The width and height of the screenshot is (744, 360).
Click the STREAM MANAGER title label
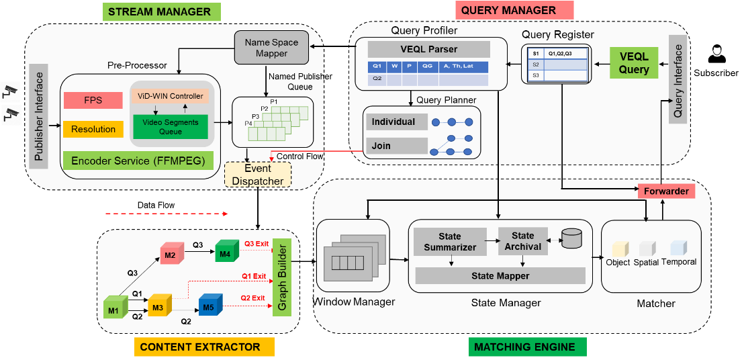159,11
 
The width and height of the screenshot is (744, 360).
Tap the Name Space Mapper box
271,48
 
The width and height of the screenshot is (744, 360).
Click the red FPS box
93,100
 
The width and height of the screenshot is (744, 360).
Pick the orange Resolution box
93,129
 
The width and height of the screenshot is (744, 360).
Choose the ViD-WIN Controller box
170,96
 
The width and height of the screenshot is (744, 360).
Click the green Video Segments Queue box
170,127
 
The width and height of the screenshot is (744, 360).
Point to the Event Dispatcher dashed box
258,175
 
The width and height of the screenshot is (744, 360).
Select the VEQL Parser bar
428,49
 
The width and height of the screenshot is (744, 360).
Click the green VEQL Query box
633,63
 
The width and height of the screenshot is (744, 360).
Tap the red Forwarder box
665,191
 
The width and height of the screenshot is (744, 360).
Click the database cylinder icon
571,238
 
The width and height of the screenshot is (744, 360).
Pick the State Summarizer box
449,242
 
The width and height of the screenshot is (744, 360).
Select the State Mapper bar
500,275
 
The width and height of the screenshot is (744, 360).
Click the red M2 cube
170,255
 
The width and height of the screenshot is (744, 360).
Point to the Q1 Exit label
254,276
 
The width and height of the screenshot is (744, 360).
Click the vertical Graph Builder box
281,282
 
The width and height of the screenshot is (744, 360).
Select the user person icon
717,54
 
